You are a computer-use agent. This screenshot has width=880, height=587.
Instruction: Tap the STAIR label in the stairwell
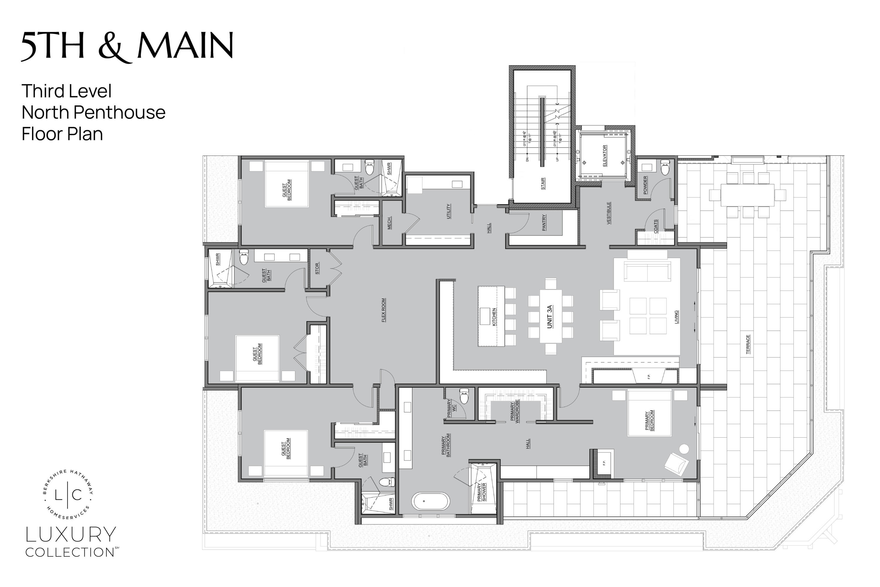543,183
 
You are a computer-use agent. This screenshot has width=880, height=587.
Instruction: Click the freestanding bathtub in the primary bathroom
431,501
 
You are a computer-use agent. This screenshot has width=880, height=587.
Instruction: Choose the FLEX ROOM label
383,310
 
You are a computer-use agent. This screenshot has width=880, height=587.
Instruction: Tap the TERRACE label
748,344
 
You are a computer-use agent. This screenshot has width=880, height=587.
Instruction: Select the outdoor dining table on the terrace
747,195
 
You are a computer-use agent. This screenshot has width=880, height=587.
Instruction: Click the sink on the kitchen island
485,316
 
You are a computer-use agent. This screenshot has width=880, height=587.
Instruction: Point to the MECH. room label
390,223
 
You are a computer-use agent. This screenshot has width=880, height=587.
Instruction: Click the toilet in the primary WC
464,396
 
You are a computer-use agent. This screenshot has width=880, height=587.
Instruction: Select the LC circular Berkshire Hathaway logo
68,495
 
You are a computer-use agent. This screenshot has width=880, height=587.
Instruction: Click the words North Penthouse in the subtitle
94,112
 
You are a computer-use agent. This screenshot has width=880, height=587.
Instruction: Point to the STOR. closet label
317,269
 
